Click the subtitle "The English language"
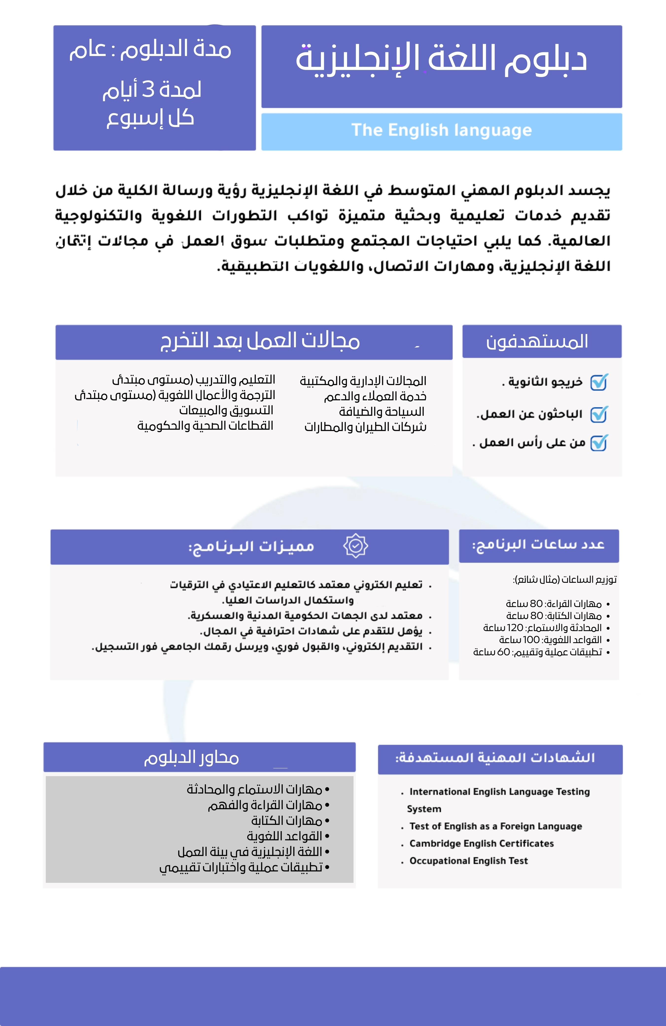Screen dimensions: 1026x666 click(x=441, y=130)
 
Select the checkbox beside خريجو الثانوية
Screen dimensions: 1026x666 click(x=598, y=382)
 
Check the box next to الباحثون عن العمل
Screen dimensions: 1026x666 click(x=598, y=414)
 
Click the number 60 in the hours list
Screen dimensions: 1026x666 click(x=503, y=652)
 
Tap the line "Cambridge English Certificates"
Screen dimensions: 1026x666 click(x=481, y=843)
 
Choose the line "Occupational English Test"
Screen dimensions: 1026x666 click(x=468, y=861)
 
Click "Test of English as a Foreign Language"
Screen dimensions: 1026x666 click(x=495, y=826)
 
